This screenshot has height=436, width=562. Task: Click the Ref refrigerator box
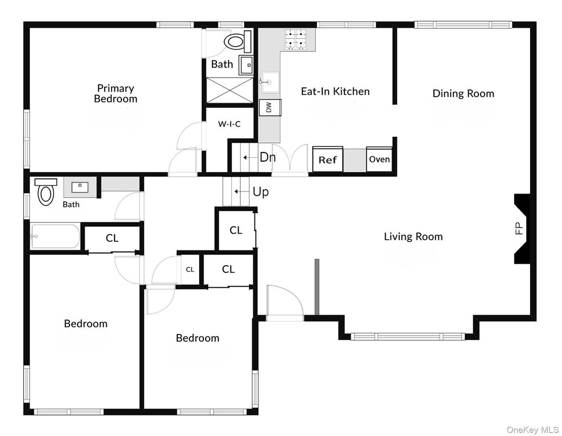[328, 159]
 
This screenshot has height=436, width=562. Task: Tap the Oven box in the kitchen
[379, 159]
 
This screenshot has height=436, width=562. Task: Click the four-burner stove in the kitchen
[296, 39]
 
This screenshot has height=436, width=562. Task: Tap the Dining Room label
[463, 93]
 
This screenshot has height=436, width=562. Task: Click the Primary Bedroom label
[116, 93]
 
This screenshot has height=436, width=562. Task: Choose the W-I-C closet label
[229, 124]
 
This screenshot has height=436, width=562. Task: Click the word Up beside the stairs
[260, 192]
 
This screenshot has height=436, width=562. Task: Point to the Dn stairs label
[267, 158]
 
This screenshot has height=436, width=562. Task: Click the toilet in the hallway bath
[46, 192]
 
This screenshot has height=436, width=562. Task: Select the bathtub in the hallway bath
[55, 236]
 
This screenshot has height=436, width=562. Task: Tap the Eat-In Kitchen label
[335, 91]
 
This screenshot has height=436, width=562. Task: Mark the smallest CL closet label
[190, 270]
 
